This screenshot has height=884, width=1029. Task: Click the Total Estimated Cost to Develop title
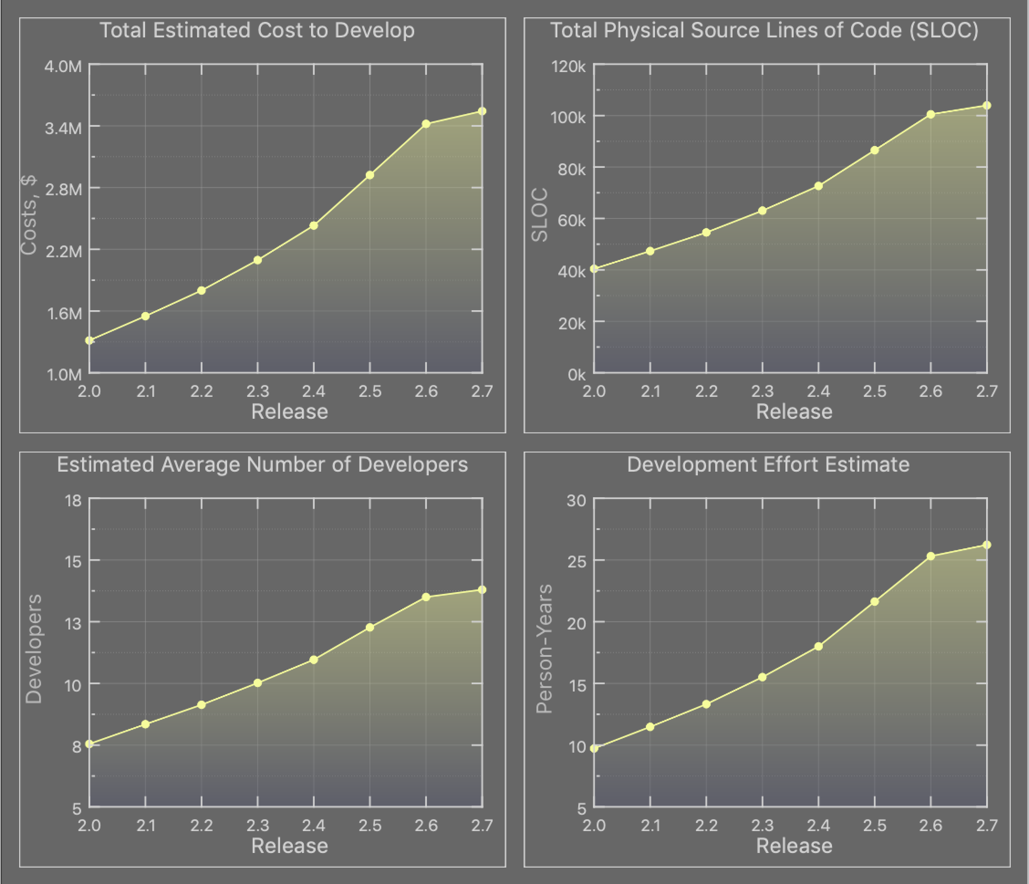(257, 30)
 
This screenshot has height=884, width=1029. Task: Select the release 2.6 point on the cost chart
(426, 124)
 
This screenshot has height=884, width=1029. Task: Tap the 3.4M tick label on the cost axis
(63, 129)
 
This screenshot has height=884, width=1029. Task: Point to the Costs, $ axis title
(29, 215)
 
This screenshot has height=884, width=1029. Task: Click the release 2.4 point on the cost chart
(313, 225)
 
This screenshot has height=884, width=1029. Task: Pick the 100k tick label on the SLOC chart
(568, 117)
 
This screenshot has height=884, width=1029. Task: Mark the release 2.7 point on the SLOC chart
(987, 105)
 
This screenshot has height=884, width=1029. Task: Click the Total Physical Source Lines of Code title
(764, 30)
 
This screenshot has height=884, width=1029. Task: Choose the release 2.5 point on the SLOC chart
(874, 150)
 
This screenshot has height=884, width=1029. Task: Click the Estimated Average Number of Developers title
(262, 464)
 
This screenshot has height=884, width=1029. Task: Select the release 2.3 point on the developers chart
(257, 683)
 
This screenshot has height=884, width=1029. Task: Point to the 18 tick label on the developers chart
(73, 500)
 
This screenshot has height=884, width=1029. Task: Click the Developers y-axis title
(34, 649)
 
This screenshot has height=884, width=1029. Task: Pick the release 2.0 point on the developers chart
(89, 744)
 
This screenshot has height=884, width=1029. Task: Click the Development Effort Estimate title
(768, 464)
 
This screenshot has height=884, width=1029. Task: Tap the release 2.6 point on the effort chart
(930, 556)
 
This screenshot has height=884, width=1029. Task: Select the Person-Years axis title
(544, 649)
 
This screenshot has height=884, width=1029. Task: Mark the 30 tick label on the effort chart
(576, 500)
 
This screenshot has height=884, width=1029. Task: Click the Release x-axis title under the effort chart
(794, 846)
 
